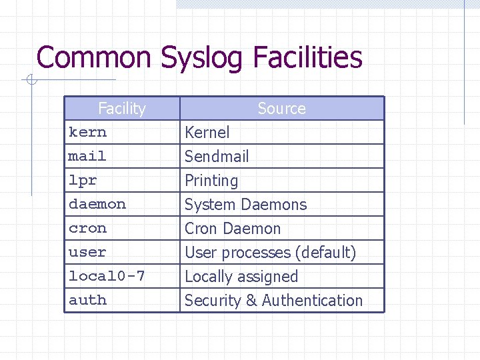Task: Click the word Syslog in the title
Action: [203, 58]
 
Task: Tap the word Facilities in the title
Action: [307, 57]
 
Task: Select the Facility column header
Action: [122, 109]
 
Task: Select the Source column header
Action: [281, 109]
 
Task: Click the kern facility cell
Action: [87, 132]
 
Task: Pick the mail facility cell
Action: [87, 156]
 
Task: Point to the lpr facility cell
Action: [83, 180]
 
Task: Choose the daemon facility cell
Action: [97, 204]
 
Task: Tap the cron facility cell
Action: [87, 228]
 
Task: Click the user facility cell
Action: [87, 252]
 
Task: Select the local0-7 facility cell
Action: [107, 276]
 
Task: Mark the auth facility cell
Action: [87, 300]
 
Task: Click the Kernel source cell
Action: [207, 133]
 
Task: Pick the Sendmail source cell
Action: [217, 157]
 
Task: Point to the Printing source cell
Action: [211, 181]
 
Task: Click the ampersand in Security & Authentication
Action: [251, 301]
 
